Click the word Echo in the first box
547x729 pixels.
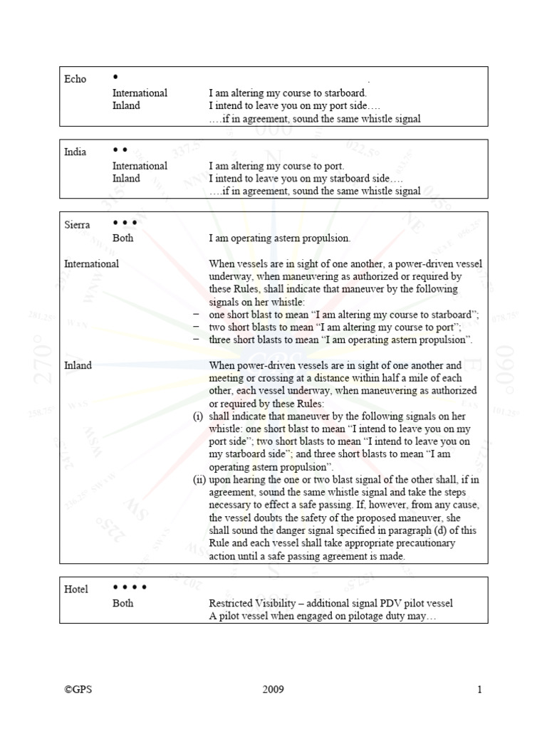point(75,79)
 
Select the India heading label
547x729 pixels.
point(75,152)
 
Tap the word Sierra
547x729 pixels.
point(77,225)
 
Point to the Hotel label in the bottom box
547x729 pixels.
point(76,589)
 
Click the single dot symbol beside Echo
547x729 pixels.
point(115,76)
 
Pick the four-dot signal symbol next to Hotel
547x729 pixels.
point(130,587)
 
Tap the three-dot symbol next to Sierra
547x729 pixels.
point(125,223)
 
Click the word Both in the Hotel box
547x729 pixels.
point(123,603)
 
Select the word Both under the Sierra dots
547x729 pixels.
point(123,238)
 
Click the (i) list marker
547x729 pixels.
point(198,416)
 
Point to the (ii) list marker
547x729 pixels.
point(199,480)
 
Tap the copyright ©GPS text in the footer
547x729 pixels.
point(78,689)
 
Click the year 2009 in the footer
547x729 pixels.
point(273,689)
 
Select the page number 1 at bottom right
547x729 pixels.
point(480,689)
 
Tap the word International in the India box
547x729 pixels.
point(140,166)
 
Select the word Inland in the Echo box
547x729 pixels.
point(126,105)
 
